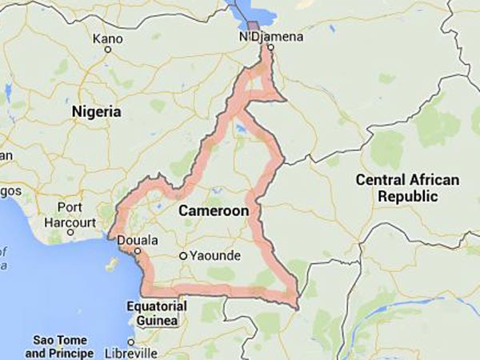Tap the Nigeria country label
(x=97, y=111)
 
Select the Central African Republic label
(x=408, y=188)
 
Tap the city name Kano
(x=107, y=38)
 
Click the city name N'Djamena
(x=262, y=37)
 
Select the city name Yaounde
(x=215, y=256)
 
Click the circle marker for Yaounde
(x=183, y=256)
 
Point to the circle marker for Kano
(x=108, y=50)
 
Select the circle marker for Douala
(x=138, y=250)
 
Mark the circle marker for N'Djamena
(x=270, y=48)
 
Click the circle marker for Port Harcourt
(x=70, y=232)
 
